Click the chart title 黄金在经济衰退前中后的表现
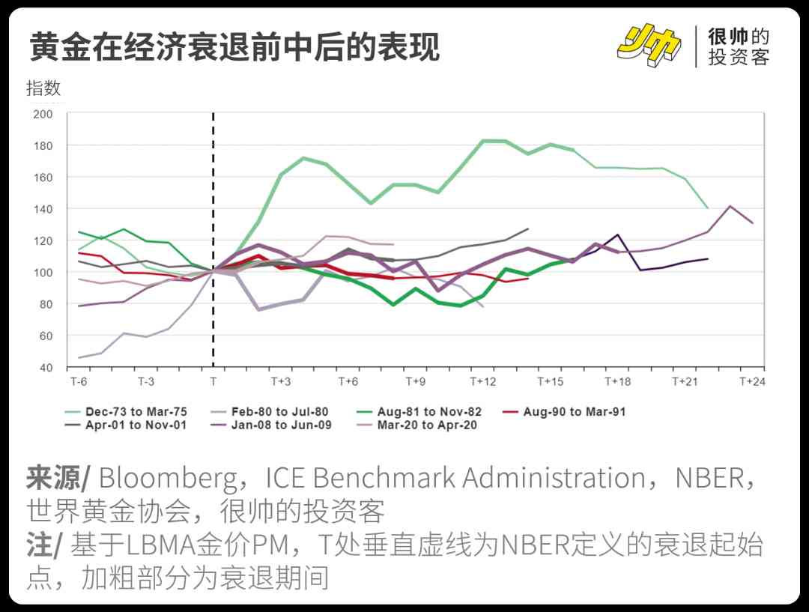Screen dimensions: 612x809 tap(234, 46)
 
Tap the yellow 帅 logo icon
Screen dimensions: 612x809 tap(649, 46)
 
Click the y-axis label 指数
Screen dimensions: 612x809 tap(43, 88)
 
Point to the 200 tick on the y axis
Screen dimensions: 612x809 tap(43, 114)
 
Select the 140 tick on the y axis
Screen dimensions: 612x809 tap(43, 209)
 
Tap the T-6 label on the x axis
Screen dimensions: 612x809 tap(78, 381)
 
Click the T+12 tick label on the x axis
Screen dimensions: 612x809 tap(483, 381)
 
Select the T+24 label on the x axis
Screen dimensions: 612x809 tap(752, 381)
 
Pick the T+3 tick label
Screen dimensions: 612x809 tap(280, 381)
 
